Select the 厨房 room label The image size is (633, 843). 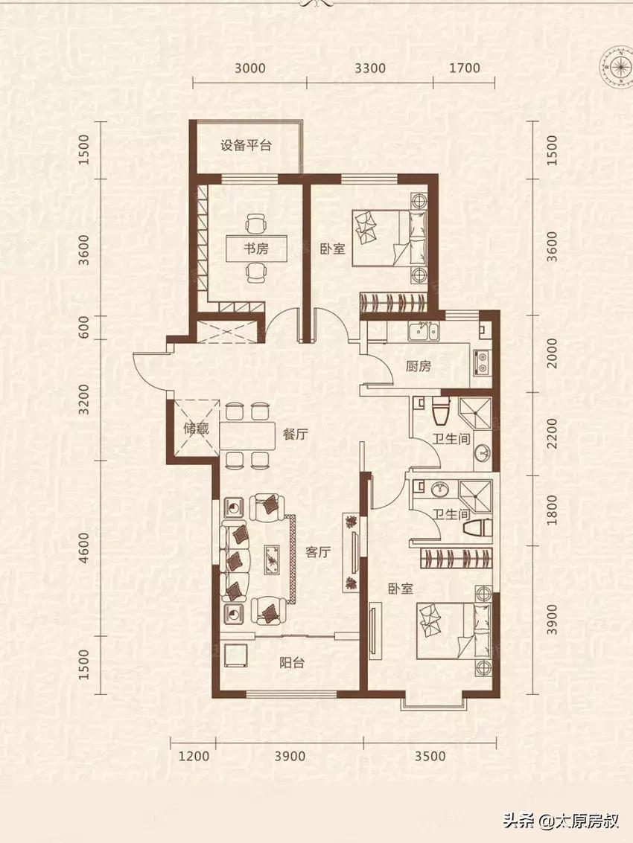coord(419,366)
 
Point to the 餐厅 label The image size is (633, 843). coord(295,436)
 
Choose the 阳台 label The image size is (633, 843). coord(291,662)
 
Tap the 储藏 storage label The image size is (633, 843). coord(196,429)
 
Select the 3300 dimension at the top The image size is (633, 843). coord(370,68)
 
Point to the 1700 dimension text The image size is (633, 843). coord(465,68)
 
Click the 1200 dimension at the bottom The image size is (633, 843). coord(194,756)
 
